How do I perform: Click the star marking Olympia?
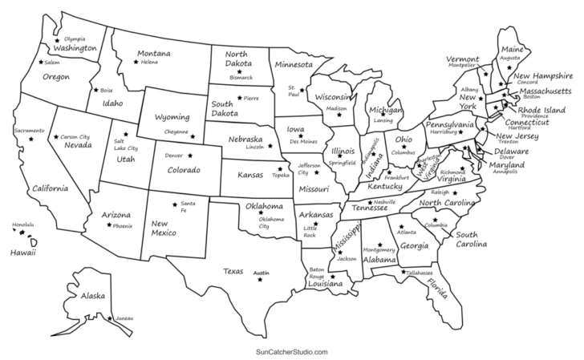(x=57, y=39)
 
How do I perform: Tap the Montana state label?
(x=152, y=54)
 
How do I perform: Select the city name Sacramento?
(x=29, y=130)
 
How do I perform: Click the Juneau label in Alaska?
(x=124, y=319)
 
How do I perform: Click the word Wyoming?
(x=172, y=116)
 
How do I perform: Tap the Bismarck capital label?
(x=241, y=78)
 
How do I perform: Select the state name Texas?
(x=233, y=270)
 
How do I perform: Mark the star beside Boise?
(x=95, y=90)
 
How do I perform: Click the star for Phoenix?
(x=108, y=225)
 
